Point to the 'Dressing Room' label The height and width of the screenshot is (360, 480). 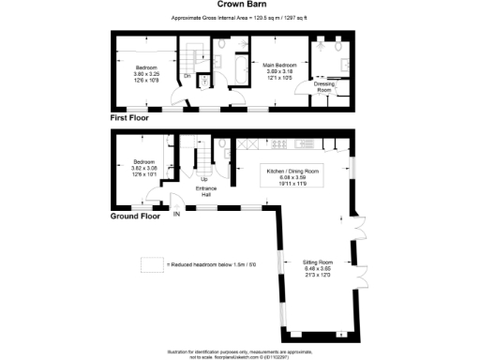[x=324, y=85]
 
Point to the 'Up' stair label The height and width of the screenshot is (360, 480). [x=203, y=178]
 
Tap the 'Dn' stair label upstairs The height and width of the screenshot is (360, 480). [x=187, y=75]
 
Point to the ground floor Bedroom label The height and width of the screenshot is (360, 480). [x=145, y=160]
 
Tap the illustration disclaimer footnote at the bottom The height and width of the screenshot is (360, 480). [x=241, y=351]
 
